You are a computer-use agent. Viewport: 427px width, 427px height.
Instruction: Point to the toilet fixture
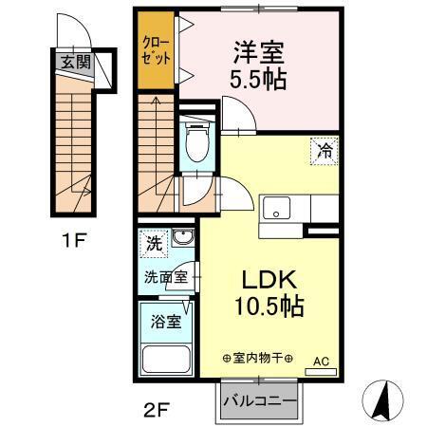(197, 141)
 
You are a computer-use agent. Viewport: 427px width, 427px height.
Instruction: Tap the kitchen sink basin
(279, 207)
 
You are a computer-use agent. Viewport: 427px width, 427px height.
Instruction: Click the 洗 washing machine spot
(155, 244)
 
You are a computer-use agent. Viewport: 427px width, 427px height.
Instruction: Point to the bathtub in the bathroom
(167, 359)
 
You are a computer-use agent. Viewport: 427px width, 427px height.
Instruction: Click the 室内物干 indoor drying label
(256, 359)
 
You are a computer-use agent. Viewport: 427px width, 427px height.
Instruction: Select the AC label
(321, 361)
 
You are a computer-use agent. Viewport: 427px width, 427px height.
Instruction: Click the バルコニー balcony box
(259, 399)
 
